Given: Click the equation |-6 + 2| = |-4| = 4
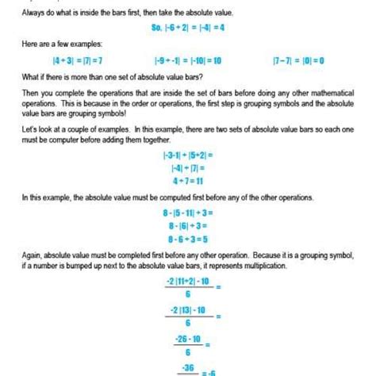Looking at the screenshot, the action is click(x=187, y=25).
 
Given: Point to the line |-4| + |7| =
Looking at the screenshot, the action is click(x=188, y=167).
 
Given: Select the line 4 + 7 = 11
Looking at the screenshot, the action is click(x=188, y=180).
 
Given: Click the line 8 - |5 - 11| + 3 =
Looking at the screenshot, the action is click(x=188, y=212).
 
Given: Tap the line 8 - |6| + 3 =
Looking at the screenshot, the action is click(x=188, y=224).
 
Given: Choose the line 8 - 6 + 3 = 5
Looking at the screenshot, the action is click(x=188, y=237).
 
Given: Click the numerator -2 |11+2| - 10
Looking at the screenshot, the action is click(x=187, y=281).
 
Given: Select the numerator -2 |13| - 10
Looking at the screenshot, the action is click(x=187, y=310).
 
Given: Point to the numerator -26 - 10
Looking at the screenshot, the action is click(x=187, y=339).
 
